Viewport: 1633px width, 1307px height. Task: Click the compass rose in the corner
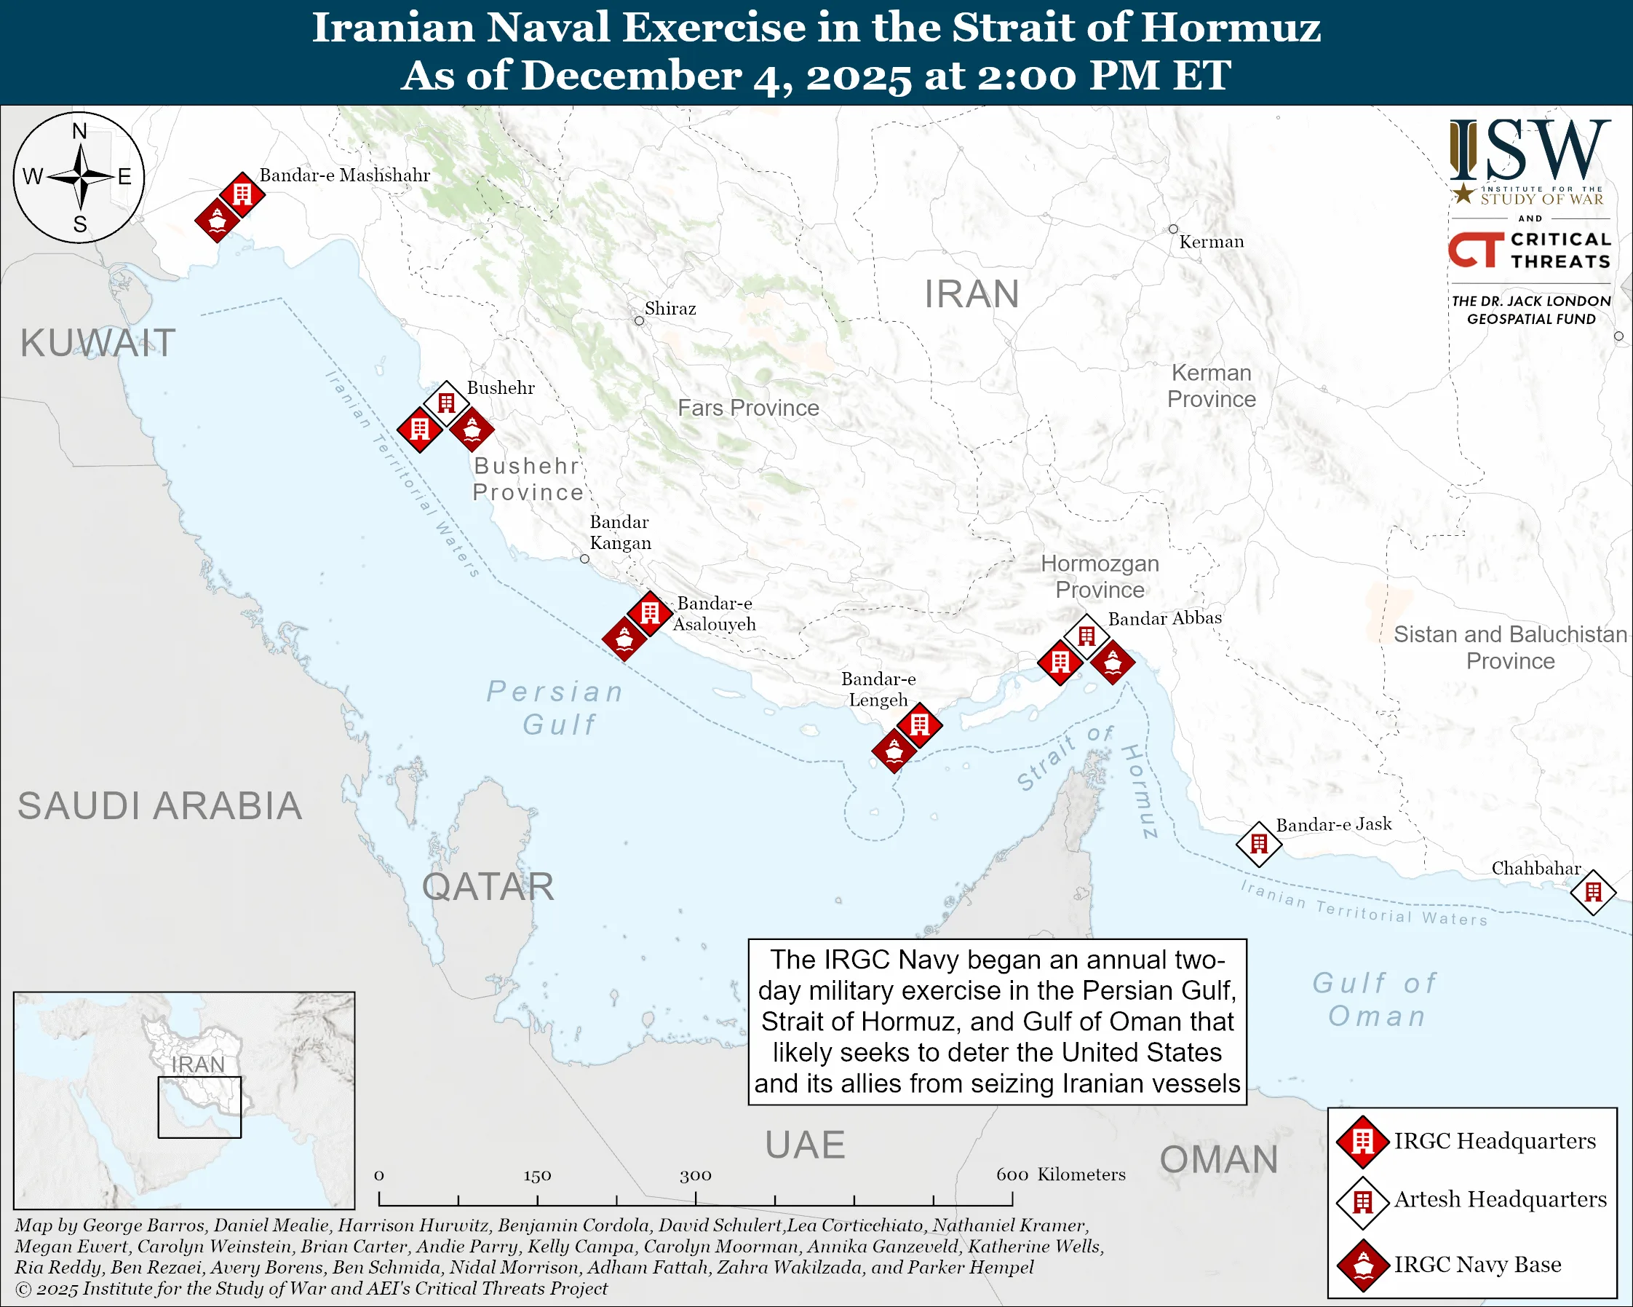pos(79,177)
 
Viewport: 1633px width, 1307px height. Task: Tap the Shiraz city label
pos(670,309)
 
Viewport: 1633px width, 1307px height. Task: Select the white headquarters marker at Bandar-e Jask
pos(1259,843)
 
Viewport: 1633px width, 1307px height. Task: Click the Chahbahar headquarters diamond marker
pos(1593,893)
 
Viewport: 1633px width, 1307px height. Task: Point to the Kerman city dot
pos(1172,229)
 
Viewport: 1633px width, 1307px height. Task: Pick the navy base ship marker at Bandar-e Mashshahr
pos(218,221)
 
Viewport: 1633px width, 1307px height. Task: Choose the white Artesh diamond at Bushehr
pos(446,403)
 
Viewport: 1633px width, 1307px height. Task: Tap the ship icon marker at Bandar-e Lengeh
pos(894,750)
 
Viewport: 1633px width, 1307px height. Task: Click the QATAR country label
pos(488,886)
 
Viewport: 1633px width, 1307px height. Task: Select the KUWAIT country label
pos(98,342)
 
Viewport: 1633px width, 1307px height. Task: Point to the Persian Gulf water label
pos(556,708)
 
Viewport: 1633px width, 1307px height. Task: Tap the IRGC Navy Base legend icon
pos(1363,1265)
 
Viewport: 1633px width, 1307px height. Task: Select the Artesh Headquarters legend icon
pos(1363,1201)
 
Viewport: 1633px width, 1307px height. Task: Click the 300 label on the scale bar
pos(695,1175)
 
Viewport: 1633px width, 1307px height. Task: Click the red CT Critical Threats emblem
pos(1476,250)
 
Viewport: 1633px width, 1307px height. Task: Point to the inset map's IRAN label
pos(198,1065)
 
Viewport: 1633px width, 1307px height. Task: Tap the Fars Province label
pos(748,408)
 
